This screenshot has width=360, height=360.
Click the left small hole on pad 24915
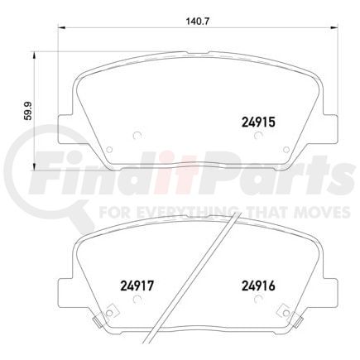click(137, 137)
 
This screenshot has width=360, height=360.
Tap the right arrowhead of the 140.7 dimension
click(334, 27)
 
